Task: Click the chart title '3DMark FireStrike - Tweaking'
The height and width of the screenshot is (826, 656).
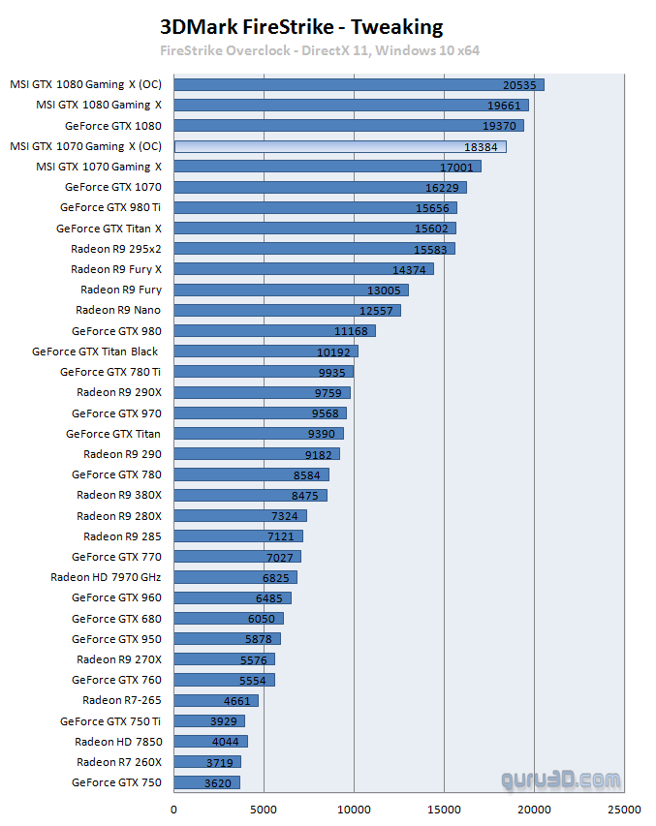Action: point(300,27)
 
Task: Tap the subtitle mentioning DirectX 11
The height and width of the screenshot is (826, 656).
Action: point(320,50)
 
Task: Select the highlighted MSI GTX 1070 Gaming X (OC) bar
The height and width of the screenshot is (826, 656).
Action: point(339,146)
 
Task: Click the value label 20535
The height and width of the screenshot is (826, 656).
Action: point(520,85)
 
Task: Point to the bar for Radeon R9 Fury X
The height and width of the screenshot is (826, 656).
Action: point(303,269)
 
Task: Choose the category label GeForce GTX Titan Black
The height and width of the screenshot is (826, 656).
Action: point(95,352)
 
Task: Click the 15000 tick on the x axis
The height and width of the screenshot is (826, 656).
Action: point(444,809)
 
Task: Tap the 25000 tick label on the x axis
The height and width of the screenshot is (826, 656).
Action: point(624,809)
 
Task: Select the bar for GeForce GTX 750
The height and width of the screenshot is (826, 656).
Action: point(206,782)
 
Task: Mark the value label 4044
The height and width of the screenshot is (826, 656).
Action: point(225,742)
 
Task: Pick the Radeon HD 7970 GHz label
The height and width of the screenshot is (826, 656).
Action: point(106,577)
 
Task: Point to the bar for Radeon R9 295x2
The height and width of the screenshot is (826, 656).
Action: point(314,249)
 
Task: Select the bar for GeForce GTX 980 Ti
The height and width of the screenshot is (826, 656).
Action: point(315,207)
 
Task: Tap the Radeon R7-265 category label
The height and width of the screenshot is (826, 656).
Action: point(122,700)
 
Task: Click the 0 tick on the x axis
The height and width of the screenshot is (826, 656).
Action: point(174,809)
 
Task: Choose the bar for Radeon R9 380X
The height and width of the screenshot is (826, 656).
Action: point(250,495)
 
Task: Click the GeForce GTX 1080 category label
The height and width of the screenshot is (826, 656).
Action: point(113,126)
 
